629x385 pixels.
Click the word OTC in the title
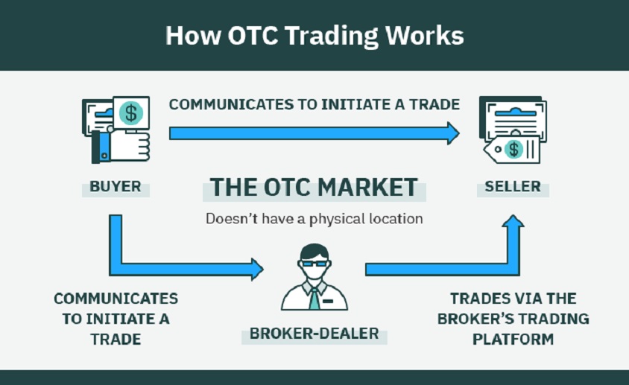pyautogui.click(x=253, y=35)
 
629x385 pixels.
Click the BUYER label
pyautogui.click(x=116, y=186)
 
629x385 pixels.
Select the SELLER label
pyautogui.click(x=513, y=186)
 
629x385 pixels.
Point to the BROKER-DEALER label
pyautogui.click(x=314, y=334)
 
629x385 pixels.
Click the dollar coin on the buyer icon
pyautogui.click(x=130, y=112)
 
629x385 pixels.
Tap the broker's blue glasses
pyautogui.click(x=314, y=264)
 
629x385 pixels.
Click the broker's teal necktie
pyautogui.click(x=314, y=299)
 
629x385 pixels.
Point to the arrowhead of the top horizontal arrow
pyautogui.click(x=454, y=133)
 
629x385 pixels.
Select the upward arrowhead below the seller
pyautogui.click(x=513, y=221)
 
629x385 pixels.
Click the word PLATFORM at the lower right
pyautogui.click(x=513, y=340)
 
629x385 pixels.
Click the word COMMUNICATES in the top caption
pyautogui.click(x=232, y=104)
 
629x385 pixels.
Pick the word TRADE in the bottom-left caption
pyautogui.click(x=116, y=340)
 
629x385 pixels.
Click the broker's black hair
pyautogui.click(x=314, y=252)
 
